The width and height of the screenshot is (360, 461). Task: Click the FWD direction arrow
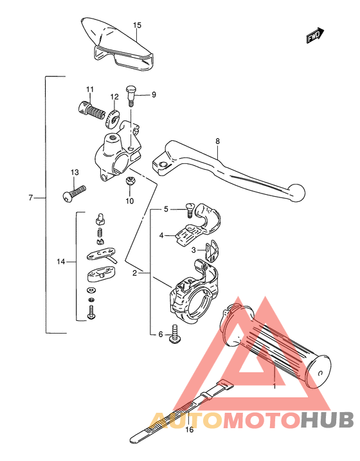(x=315, y=35)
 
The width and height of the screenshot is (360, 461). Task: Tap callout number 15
(x=137, y=25)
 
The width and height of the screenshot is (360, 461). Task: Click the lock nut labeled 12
(x=111, y=119)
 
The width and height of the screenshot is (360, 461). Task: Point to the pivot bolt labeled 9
(x=130, y=96)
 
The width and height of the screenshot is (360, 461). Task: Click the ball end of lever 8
(x=296, y=192)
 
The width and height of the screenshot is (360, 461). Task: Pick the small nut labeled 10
(x=130, y=181)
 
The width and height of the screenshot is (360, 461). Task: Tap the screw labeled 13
(x=75, y=193)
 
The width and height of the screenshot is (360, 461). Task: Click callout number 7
(x=31, y=198)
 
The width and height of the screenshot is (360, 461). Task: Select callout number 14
(x=60, y=262)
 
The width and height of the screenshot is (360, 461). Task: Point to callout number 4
(x=161, y=235)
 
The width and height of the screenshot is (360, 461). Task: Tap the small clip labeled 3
(x=212, y=251)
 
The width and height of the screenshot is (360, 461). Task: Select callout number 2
(x=134, y=273)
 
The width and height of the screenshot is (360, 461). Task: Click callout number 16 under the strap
(x=190, y=429)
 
